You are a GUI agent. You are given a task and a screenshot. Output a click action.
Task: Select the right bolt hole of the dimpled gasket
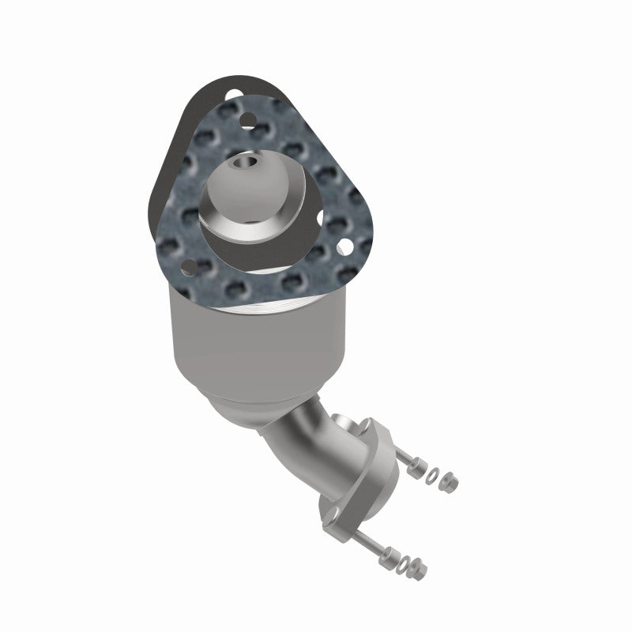pos(344,248)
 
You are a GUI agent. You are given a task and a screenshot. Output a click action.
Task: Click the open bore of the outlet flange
pos(348,427)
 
